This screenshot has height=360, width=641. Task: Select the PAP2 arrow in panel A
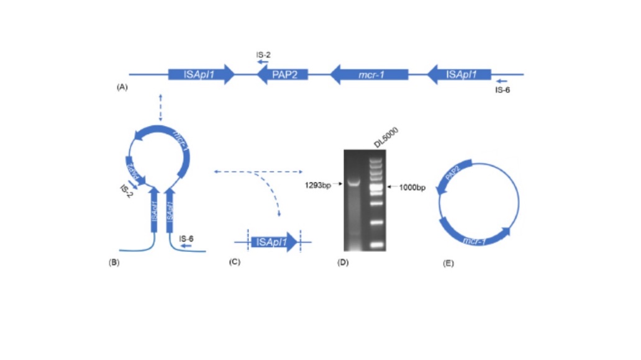[283, 74]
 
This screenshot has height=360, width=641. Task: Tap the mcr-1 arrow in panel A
[369, 74]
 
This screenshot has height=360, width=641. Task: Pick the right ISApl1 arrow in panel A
[460, 74]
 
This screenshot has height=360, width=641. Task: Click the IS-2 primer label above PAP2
[263, 55]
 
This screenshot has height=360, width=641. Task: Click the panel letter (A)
[122, 88]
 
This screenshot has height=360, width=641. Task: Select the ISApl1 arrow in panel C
[273, 242]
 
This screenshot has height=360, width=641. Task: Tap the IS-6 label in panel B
[186, 238]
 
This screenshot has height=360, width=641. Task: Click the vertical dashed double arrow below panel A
[160, 108]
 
